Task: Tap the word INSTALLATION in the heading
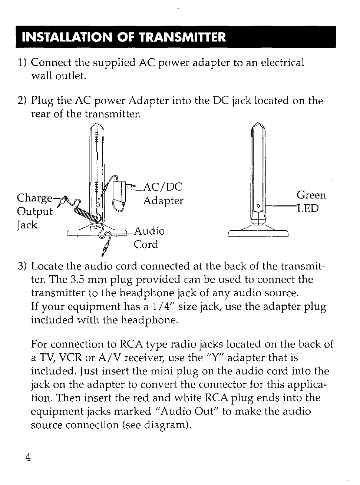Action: pyautogui.click(x=63, y=37)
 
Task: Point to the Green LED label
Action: pyautogui.click(x=311, y=202)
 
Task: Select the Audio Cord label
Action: pyautogui.click(x=148, y=238)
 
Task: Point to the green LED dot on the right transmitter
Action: pyautogui.click(x=258, y=206)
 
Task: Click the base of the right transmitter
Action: pyautogui.click(x=258, y=232)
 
